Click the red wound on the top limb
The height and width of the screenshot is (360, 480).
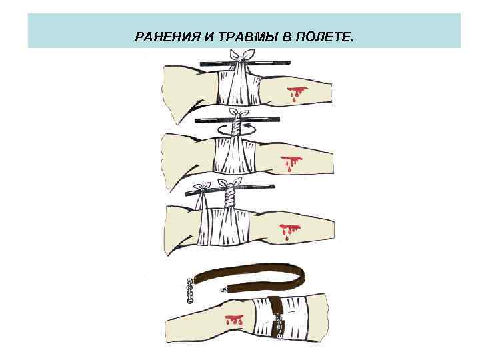(295, 91)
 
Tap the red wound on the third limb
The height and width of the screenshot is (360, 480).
(290, 230)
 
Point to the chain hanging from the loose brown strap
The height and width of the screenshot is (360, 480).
(189, 290)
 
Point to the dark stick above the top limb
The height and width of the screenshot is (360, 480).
(213, 64)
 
